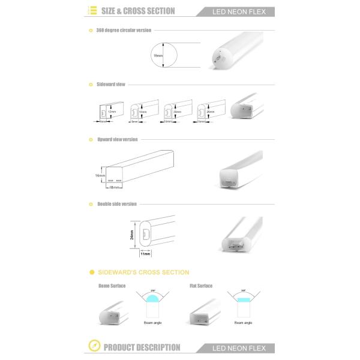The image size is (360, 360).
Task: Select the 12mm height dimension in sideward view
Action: tap(111, 112)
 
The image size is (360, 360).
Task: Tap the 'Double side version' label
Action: tap(118, 204)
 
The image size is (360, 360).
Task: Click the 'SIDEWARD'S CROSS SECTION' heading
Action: tap(147, 272)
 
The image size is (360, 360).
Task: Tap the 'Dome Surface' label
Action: tap(112, 286)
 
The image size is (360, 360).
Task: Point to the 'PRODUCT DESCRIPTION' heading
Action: tap(142, 347)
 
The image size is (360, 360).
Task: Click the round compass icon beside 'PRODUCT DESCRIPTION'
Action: tap(94, 347)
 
